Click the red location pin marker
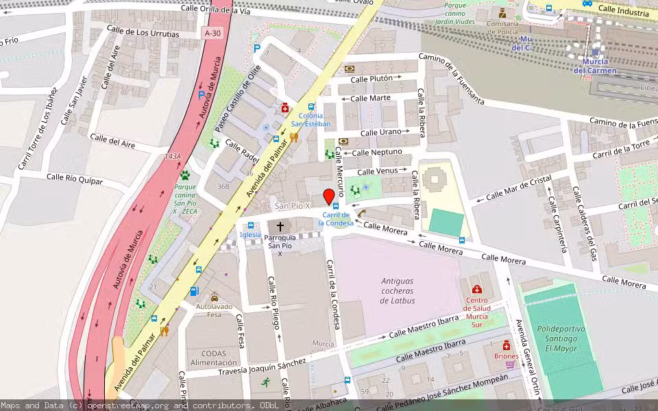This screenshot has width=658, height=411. [329, 196]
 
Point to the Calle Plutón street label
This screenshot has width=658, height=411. [371, 79]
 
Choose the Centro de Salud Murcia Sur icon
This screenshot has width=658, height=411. [476, 288]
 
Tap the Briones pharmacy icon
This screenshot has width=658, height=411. [507, 345]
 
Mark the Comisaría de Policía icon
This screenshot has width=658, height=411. [502, 14]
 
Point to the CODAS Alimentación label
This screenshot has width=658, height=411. [214, 358]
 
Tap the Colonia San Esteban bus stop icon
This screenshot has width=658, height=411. [311, 107]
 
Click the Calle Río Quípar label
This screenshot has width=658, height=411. [75, 179]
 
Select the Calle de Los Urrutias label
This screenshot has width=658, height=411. [143, 33]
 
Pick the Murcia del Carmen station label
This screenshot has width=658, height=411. [594, 66]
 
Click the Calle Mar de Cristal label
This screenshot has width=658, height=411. [518, 188]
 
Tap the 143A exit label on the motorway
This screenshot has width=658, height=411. [173, 157]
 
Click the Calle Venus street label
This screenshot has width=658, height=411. [376, 171]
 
